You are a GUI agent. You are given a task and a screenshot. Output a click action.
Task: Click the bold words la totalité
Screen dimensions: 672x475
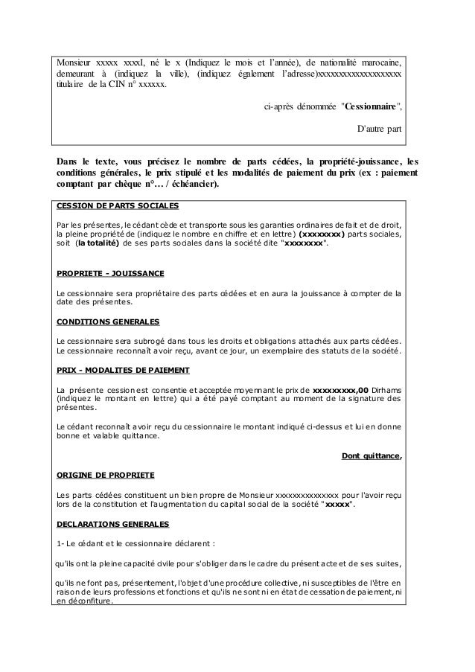103,243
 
